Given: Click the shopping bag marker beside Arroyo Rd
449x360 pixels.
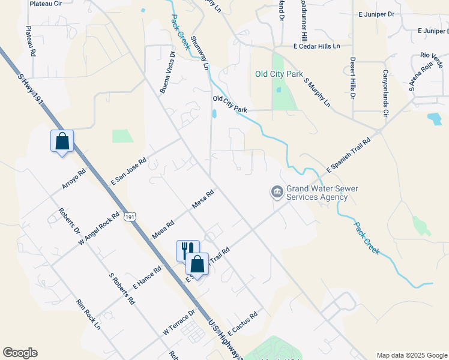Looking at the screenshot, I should [62, 142].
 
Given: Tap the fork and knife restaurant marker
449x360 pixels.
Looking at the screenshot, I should [187, 249].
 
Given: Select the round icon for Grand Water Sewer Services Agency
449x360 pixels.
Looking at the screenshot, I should [277, 192].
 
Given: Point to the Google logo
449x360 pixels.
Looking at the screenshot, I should [20, 353].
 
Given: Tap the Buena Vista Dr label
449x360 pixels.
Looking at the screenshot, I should [167, 73].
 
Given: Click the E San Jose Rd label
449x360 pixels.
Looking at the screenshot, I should [129, 172].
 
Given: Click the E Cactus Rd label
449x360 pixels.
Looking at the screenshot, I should [243, 322].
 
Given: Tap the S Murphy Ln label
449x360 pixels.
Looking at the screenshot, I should [318, 92].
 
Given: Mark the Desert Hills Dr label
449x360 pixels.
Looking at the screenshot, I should [353, 77].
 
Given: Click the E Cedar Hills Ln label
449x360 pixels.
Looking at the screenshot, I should [316, 46].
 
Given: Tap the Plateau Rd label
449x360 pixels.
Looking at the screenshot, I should [29, 41].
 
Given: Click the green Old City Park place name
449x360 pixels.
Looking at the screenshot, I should [279, 74].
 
